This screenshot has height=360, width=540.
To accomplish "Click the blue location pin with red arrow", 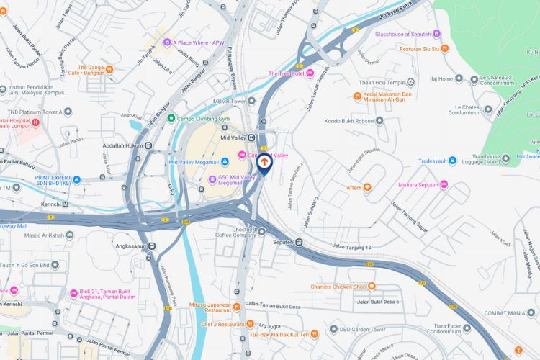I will pyautogui.click(x=264, y=163).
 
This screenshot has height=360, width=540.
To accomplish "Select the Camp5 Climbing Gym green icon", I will pyautogui.click(x=171, y=118).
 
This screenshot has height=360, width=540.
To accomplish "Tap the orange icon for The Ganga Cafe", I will pyautogui.click(x=109, y=70).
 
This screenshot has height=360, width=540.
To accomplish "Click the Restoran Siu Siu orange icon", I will pyautogui.click(x=445, y=50).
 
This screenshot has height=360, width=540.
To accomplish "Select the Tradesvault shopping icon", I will pyautogui.click(x=423, y=161).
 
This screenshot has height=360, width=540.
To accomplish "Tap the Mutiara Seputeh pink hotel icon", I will pyautogui.click(x=444, y=184).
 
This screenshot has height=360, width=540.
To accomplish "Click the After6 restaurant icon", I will pyautogui.click(x=367, y=188).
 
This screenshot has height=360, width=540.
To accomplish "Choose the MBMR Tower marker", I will pyautogui.click(x=251, y=101).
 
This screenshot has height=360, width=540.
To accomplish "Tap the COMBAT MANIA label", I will pyautogui.click(x=507, y=313).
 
